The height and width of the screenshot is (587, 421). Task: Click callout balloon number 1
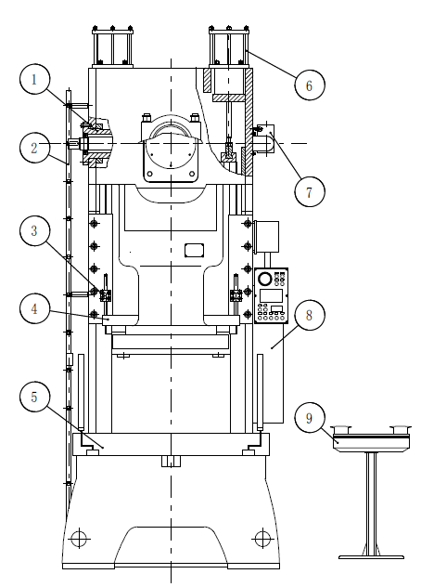point(34,79)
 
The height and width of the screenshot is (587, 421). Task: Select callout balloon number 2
point(34,148)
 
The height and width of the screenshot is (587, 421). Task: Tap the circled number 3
point(34,230)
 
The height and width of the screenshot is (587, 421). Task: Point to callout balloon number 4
point(34,309)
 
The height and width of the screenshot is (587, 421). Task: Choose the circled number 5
point(34,397)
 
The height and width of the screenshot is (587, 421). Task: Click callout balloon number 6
point(310,85)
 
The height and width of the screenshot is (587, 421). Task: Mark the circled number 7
point(310,191)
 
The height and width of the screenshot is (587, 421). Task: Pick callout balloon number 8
point(310,315)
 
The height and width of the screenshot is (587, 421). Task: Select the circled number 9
point(310,418)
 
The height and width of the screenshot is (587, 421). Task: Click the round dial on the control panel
point(264,279)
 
